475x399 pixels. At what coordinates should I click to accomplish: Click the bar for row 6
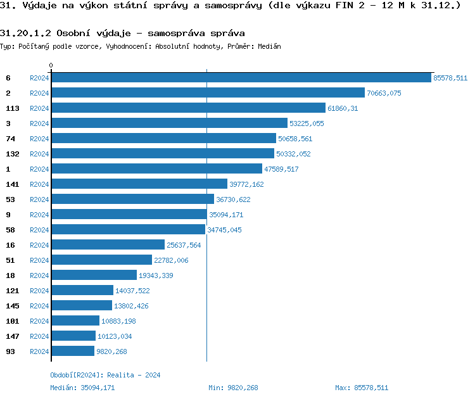click(241, 78)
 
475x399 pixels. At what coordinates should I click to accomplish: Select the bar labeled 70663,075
click(208, 93)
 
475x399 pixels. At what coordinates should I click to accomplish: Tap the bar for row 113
click(188, 108)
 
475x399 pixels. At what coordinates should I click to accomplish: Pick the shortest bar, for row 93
click(72, 351)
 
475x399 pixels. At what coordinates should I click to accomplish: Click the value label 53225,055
click(307, 123)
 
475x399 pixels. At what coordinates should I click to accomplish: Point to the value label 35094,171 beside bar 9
click(226, 215)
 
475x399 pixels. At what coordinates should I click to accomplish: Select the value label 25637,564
click(184, 245)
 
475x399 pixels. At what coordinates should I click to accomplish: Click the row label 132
click(13, 154)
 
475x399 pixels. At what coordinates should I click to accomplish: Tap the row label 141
click(13, 184)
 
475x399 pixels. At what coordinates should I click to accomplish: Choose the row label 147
click(13, 336)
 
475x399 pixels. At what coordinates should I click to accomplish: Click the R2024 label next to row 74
click(39, 139)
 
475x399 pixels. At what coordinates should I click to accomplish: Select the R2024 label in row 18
click(39, 275)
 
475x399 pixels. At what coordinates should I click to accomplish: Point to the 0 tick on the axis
click(51, 65)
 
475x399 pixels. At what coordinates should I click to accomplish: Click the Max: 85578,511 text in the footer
click(362, 388)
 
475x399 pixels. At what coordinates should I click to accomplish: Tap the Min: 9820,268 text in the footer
click(233, 388)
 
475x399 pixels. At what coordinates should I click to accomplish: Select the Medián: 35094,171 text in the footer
click(82, 388)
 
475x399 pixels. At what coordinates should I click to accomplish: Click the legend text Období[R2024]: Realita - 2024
click(105, 375)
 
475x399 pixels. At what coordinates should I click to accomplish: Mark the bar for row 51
click(101, 260)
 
